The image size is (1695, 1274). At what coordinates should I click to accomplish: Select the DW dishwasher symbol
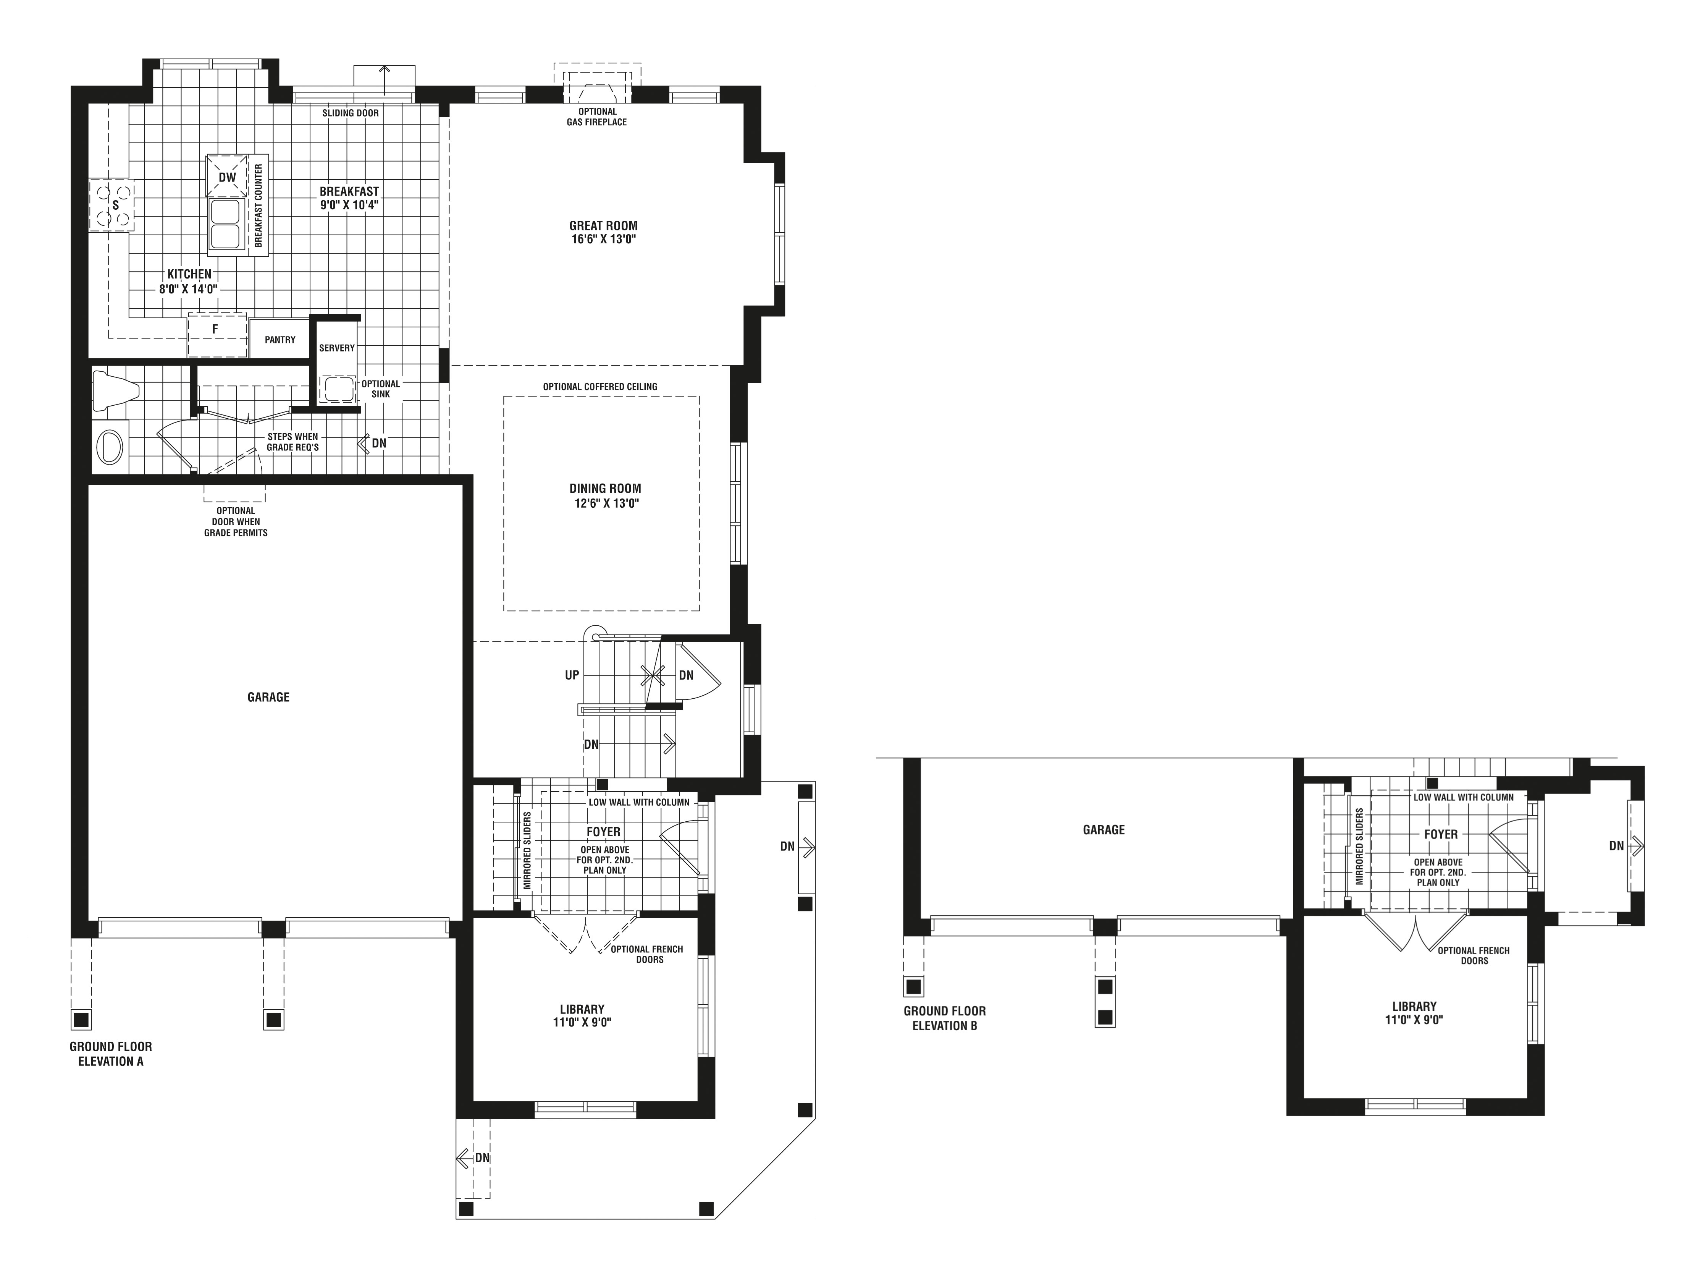pyautogui.click(x=227, y=177)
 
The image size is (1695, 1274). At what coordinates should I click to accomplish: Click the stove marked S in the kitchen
pyautogui.click(x=113, y=206)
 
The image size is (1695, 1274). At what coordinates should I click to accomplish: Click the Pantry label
pyautogui.click(x=280, y=340)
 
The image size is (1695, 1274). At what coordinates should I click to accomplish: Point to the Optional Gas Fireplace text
pyautogui.click(x=596, y=117)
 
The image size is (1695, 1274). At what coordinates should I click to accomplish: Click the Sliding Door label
pyautogui.click(x=350, y=113)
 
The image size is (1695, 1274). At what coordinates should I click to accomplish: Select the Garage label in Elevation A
pyautogui.click(x=268, y=697)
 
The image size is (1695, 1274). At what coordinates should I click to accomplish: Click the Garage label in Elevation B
pyautogui.click(x=1104, y=829)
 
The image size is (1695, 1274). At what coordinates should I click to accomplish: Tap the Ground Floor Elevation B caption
pyautogui.click(x=944, y=1018)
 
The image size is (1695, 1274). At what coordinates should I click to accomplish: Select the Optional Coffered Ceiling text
pyautogui.click(x=600, y=386)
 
